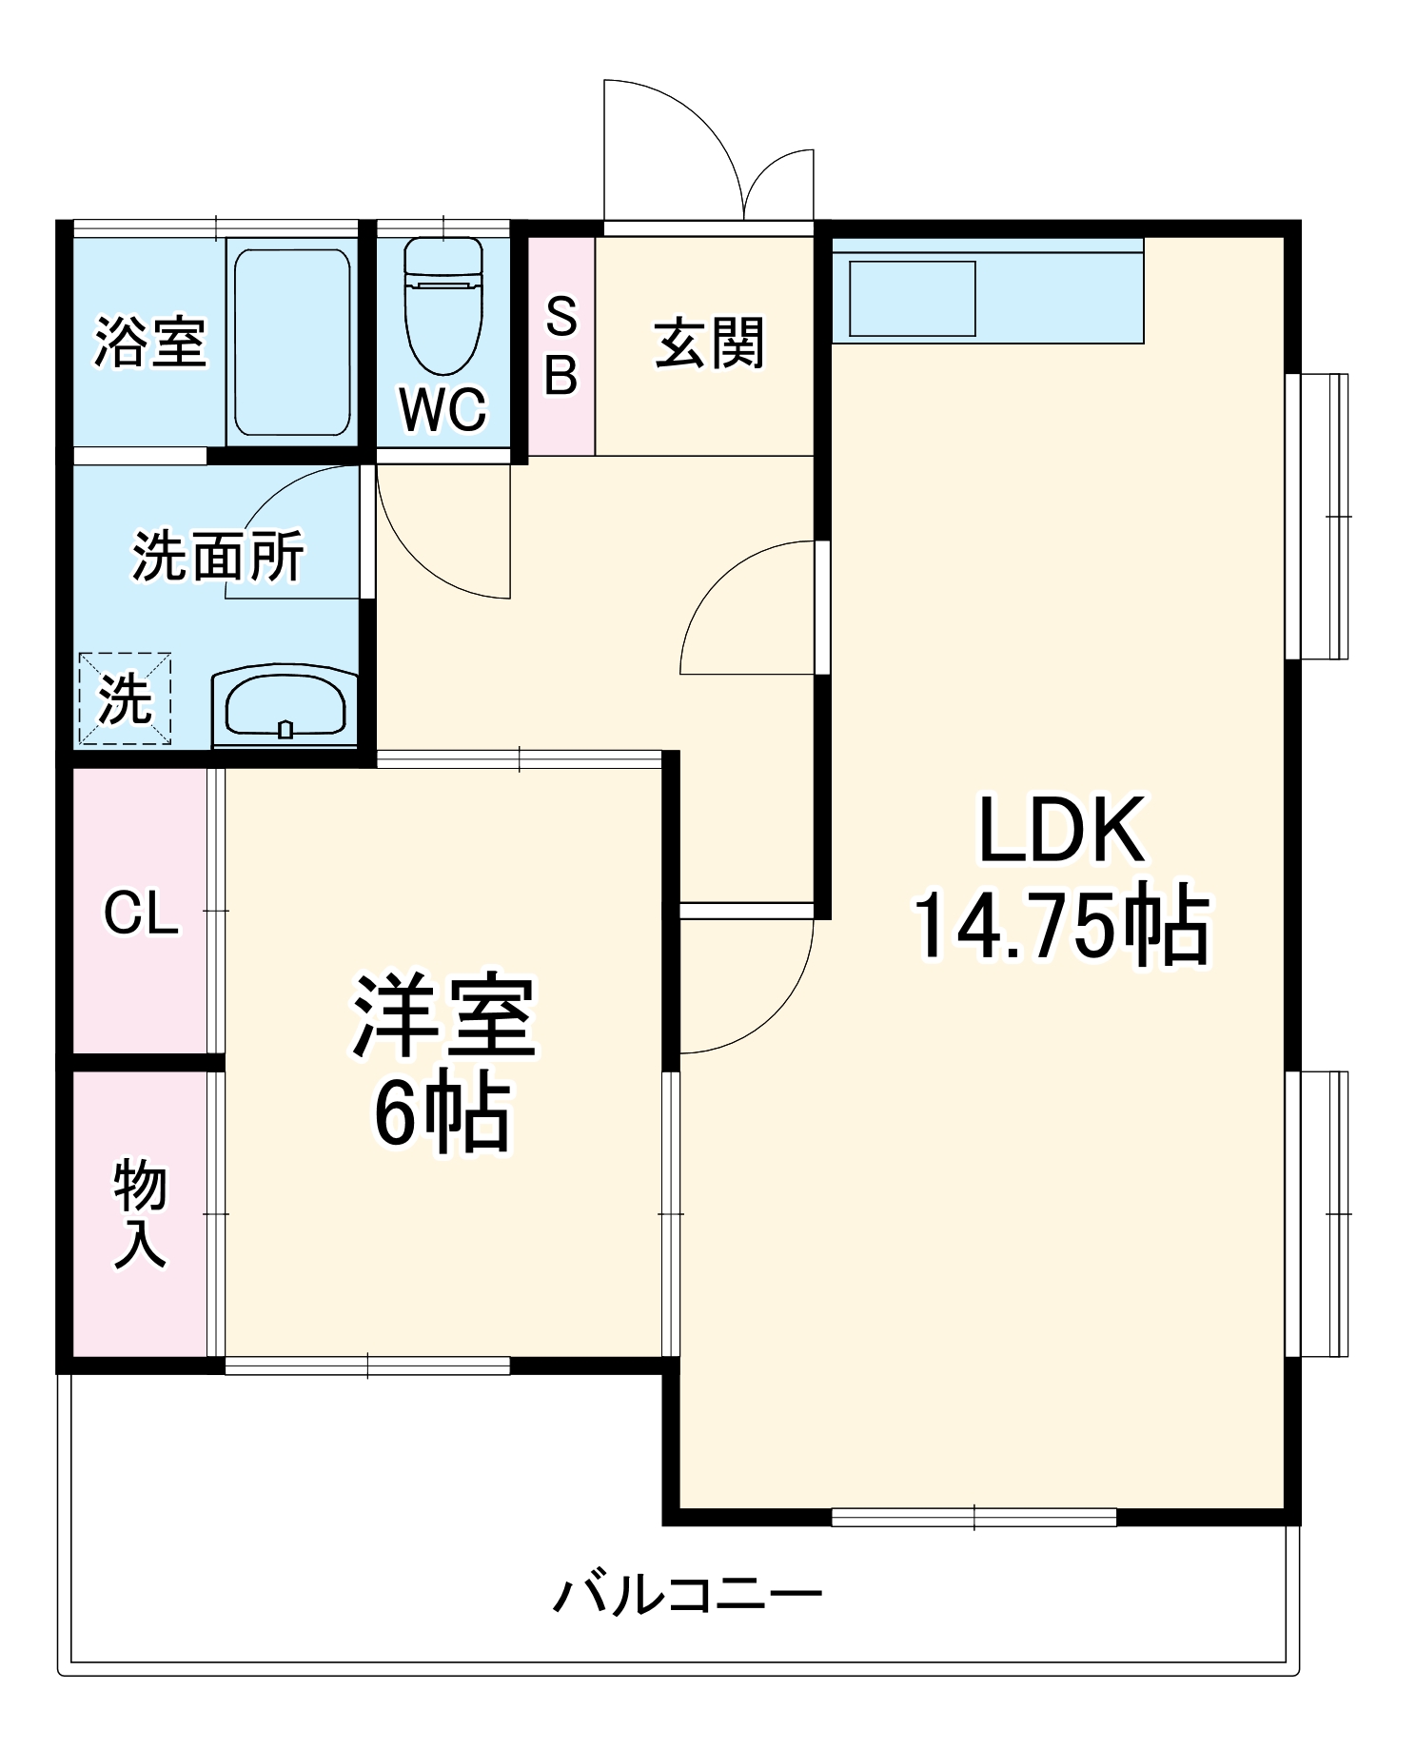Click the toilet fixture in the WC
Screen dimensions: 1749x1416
[443, 306]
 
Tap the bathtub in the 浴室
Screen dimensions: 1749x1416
[292, 342]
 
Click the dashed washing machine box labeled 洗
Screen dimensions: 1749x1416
[125, 698]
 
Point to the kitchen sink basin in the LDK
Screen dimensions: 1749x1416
[912, 298]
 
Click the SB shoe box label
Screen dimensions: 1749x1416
[561, 345]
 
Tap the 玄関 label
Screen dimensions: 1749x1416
[709, 344]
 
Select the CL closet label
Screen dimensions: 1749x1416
[141, 914]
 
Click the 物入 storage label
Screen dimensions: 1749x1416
[141, 1213]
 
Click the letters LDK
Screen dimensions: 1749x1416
[1061, 831]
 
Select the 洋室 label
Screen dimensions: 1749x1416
[443, 1016]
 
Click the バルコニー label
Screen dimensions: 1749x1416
[687, 1594]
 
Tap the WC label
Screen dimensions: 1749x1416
[443, 409]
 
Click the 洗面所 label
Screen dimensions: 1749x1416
[218, 556]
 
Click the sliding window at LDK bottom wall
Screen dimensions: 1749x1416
[973, 1517]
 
